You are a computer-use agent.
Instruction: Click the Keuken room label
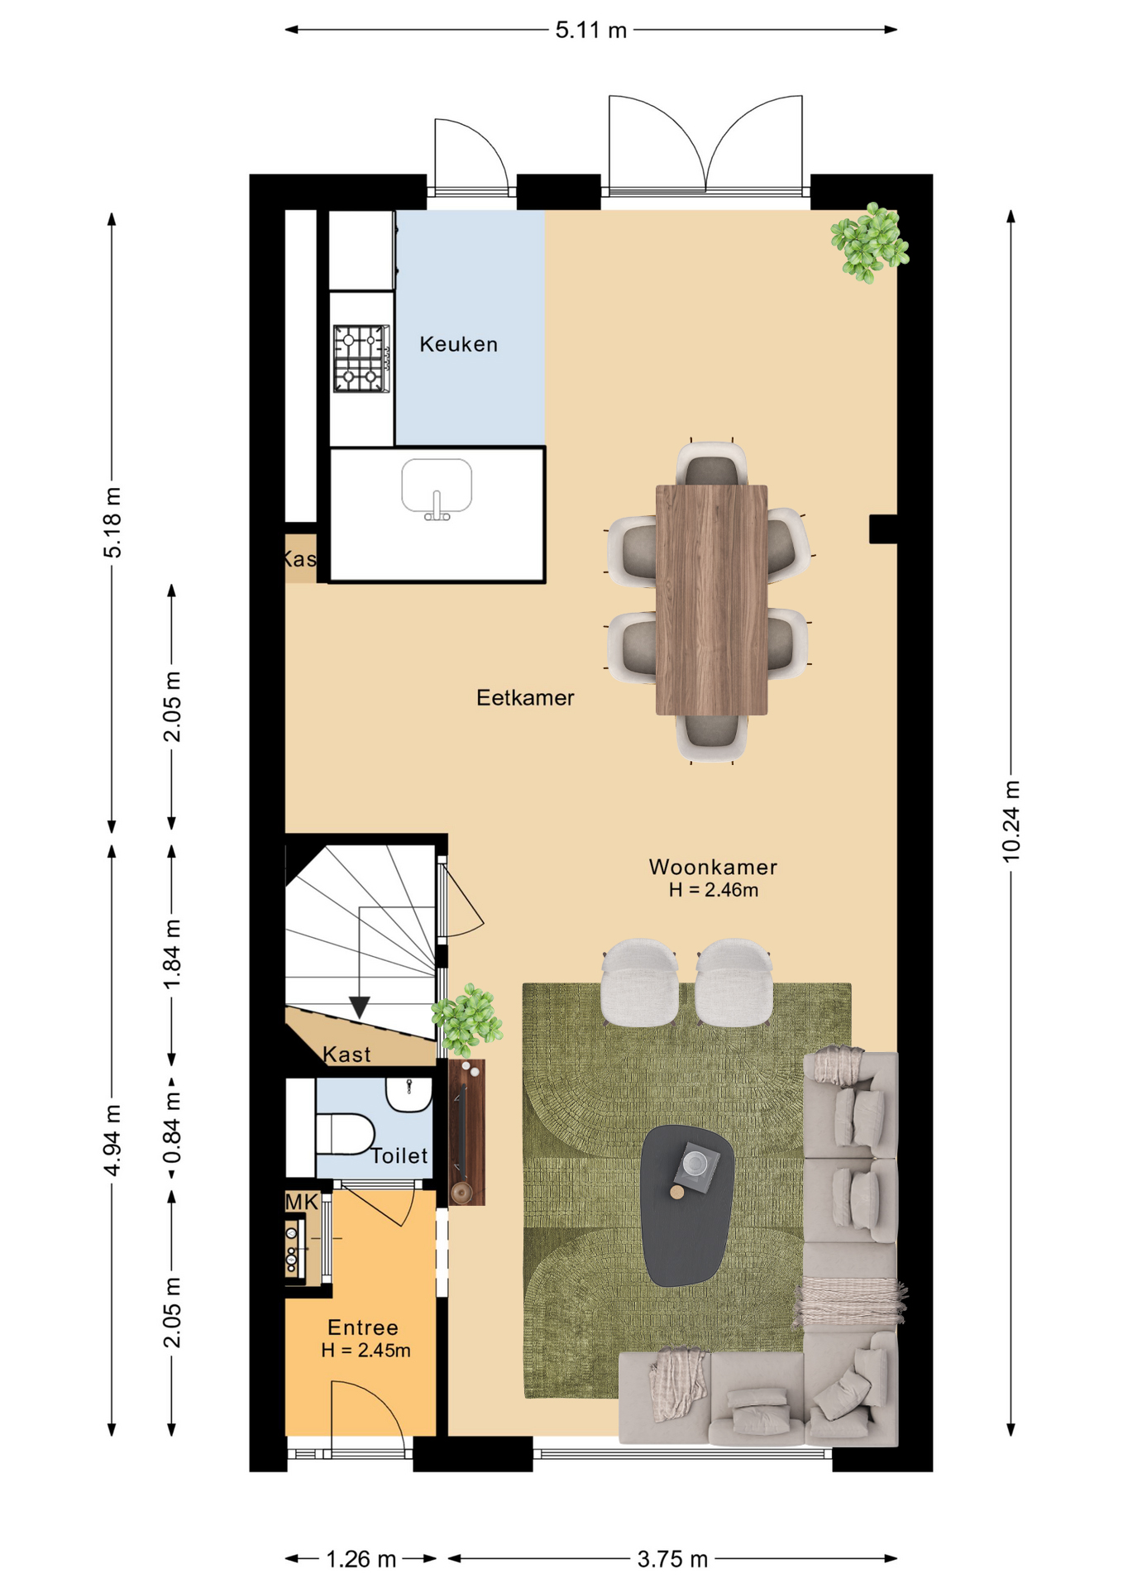(458, 344)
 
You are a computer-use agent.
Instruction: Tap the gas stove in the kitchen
(361, 358)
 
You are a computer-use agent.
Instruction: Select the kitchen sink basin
(437, 488)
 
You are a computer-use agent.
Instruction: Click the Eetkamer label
(525, 698)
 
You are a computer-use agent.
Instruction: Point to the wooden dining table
(711, 600)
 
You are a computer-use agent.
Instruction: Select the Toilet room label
(399, 1155)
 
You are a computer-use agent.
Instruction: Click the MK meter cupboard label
(302, 1202)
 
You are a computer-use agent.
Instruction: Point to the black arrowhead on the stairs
(359, 1007)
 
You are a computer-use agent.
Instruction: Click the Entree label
(363, 1327)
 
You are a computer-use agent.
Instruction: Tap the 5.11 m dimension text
(591, 31)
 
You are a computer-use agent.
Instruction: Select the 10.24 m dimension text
(1011, 820)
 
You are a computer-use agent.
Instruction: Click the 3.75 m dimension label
(672, 1559)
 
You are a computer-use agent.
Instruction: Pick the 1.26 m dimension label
(361, 1559)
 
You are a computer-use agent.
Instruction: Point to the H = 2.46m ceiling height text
(714, 890)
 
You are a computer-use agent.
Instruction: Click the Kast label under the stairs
(346, 1055)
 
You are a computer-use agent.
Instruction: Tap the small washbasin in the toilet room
(409, 1094)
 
